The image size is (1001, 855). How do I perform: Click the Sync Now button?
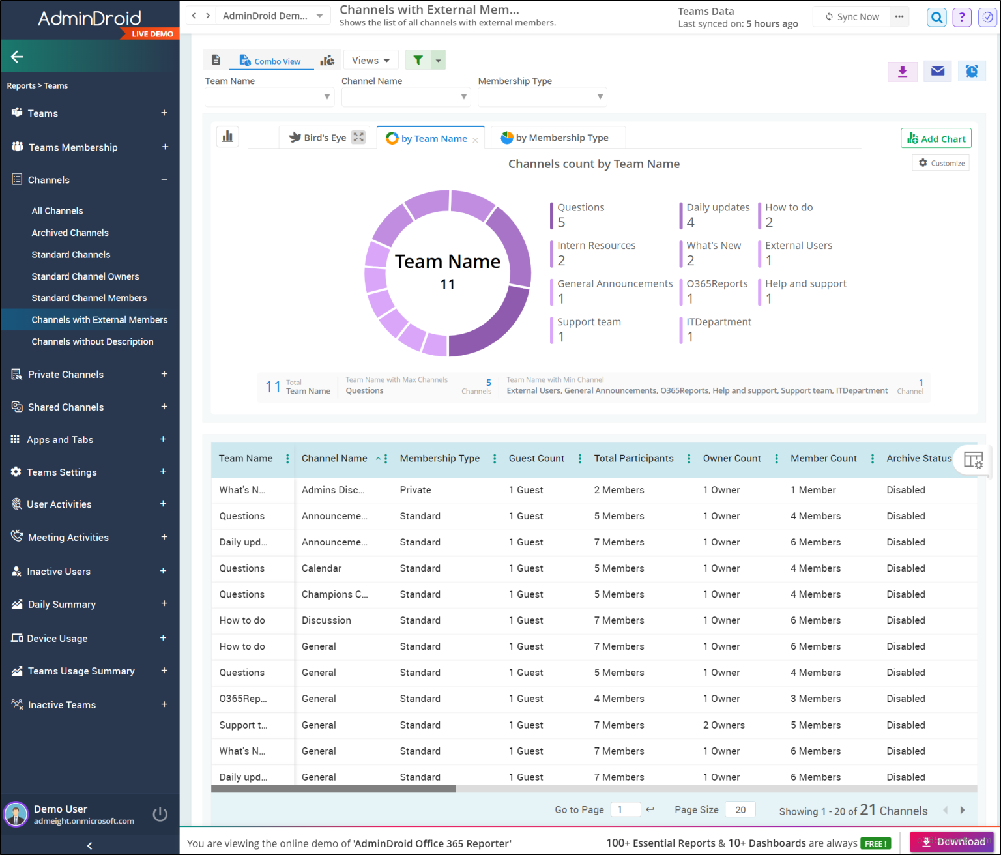852,16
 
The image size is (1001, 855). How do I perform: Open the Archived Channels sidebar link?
70,233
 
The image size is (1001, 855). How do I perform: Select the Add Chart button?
936,138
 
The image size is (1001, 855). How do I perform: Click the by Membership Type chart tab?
555,138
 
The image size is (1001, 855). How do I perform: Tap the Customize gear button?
942,163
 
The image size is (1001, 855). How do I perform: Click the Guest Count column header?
536,458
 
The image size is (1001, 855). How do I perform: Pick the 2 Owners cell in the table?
723,725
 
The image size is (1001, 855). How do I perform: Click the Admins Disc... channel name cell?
333,490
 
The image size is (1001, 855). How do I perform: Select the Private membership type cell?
415,490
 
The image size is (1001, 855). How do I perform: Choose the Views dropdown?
370,60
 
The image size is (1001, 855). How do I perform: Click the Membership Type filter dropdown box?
542,97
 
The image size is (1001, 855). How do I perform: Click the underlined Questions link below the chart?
364,390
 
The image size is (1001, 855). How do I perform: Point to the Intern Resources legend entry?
596,254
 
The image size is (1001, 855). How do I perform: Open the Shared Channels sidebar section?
65,407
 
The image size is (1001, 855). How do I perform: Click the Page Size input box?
740,810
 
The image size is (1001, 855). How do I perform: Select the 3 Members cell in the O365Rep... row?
815,699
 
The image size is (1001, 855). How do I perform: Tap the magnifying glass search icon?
936,18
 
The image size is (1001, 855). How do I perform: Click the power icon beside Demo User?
160,815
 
